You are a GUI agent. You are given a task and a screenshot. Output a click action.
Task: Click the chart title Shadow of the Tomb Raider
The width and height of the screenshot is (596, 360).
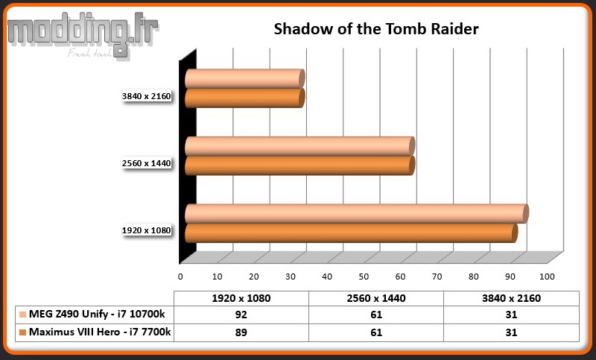pos(376,29)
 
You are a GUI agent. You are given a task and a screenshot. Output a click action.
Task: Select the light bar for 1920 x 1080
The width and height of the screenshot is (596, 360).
pos(357,214)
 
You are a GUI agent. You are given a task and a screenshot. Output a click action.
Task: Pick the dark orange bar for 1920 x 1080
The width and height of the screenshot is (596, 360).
pos(351,233)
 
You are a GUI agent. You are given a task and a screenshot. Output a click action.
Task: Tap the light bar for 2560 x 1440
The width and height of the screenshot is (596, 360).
pos(300,146)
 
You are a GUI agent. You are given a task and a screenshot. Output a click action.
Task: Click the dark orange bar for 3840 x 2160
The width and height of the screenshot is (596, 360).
pos(245,98)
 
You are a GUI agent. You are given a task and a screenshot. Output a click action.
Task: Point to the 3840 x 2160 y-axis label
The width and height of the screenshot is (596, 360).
pos(146,96)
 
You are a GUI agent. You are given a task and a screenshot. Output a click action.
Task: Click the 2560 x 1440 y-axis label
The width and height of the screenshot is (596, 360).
pos(146,163)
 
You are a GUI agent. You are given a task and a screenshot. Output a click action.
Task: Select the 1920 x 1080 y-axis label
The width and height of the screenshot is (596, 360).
pos(146,230)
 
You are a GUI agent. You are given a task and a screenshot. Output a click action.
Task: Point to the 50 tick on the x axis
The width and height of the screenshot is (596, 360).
pos(364,277)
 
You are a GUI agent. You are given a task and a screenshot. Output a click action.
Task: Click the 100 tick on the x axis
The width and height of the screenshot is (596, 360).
pos(547,277)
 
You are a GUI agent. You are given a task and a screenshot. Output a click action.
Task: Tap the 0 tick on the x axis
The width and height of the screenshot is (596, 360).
pos(180,277)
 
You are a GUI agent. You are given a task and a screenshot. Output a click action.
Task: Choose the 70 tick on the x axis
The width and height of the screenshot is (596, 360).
pos(437,277)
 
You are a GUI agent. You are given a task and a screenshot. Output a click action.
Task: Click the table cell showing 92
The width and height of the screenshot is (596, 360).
pos(241,315)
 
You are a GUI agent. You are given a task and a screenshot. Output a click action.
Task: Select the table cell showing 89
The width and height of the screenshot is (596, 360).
pos(241,332)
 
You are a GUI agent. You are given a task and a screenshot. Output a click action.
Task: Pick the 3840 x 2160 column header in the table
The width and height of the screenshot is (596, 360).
pos(511,298)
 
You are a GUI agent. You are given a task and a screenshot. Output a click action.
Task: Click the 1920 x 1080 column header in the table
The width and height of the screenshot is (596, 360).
pos(241,298)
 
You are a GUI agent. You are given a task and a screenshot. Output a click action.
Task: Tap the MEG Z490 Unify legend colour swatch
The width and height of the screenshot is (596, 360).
pos(23,315)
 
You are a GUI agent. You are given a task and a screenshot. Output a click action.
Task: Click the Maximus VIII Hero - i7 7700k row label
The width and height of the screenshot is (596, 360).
pos(100,332)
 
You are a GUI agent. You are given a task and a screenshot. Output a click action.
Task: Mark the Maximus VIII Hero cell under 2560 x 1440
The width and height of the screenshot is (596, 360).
pos(376,332)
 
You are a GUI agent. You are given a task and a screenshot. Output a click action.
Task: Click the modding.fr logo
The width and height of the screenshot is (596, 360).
pos(83,35)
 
